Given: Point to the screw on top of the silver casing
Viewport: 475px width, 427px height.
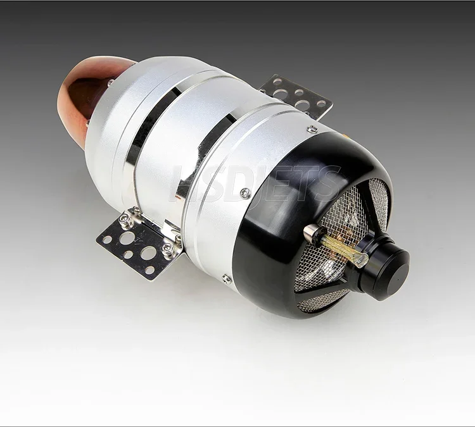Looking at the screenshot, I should click(x=312, y=130).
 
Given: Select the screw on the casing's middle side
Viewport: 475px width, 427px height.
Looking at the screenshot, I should click(x=245, y=193).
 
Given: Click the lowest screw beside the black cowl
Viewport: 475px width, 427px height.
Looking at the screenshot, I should click(x=226, y=278).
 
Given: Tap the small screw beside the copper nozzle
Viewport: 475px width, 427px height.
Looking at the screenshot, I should click(x=111, y=82).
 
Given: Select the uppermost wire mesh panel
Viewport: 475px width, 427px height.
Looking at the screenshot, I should click(x=379, y=203).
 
